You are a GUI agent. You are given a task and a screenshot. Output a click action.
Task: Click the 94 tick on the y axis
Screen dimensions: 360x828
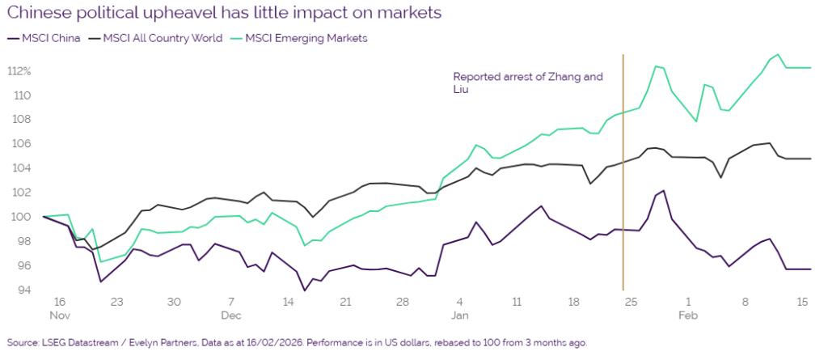pyautogui.click(x=24, y=290)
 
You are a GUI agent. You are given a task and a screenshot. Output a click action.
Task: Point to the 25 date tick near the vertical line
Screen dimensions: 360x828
pyautogui.click(x=632, y=302)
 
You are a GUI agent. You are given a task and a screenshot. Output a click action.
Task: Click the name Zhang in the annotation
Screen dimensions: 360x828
pyautogui.click(x=567, y=78)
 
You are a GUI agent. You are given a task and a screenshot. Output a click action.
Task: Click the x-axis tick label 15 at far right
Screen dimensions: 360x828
pyautogui.click(x=802, y=302)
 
